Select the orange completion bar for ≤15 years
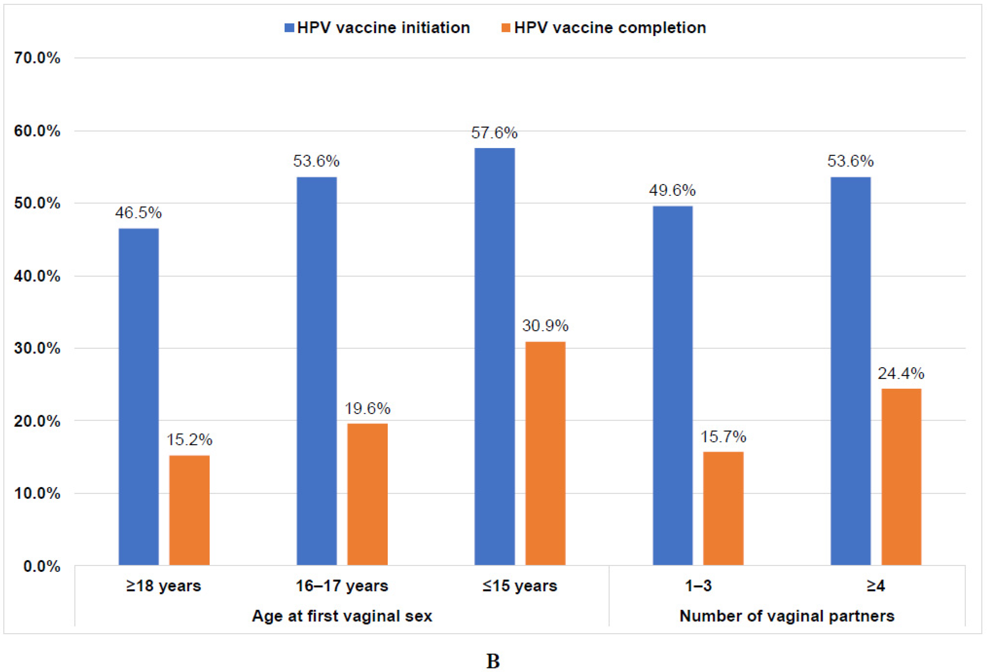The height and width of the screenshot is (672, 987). (545, 453)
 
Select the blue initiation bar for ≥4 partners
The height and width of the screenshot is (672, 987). (851, 371)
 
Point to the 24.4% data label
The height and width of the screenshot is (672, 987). (901, 374)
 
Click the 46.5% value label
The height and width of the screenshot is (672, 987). (138, 213)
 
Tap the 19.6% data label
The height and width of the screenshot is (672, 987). (367, 409)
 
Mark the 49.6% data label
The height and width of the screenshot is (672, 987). (672, 190)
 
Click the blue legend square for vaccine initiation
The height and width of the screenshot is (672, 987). (289, 28)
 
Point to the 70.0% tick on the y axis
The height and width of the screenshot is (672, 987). (37, 58)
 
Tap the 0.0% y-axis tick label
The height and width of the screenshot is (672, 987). (42, 566)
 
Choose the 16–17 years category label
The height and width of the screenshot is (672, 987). (342, 586)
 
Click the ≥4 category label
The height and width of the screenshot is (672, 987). (876, 586)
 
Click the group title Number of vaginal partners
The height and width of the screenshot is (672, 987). (787, 616)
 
